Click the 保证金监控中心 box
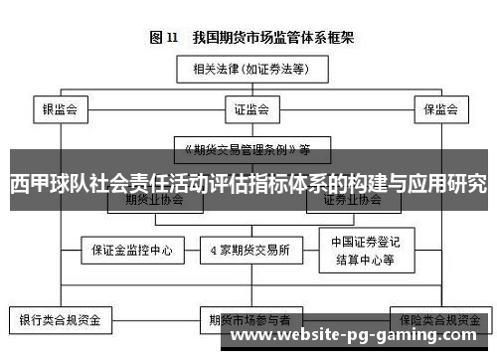pyautogui.click(x=131, y=251)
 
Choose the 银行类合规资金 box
pyautogui.click(x=62, y=320)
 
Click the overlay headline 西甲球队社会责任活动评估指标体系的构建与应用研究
pyautogui.click(x=248, y=185)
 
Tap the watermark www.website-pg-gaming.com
pyautogui.click(x=363, y=339)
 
